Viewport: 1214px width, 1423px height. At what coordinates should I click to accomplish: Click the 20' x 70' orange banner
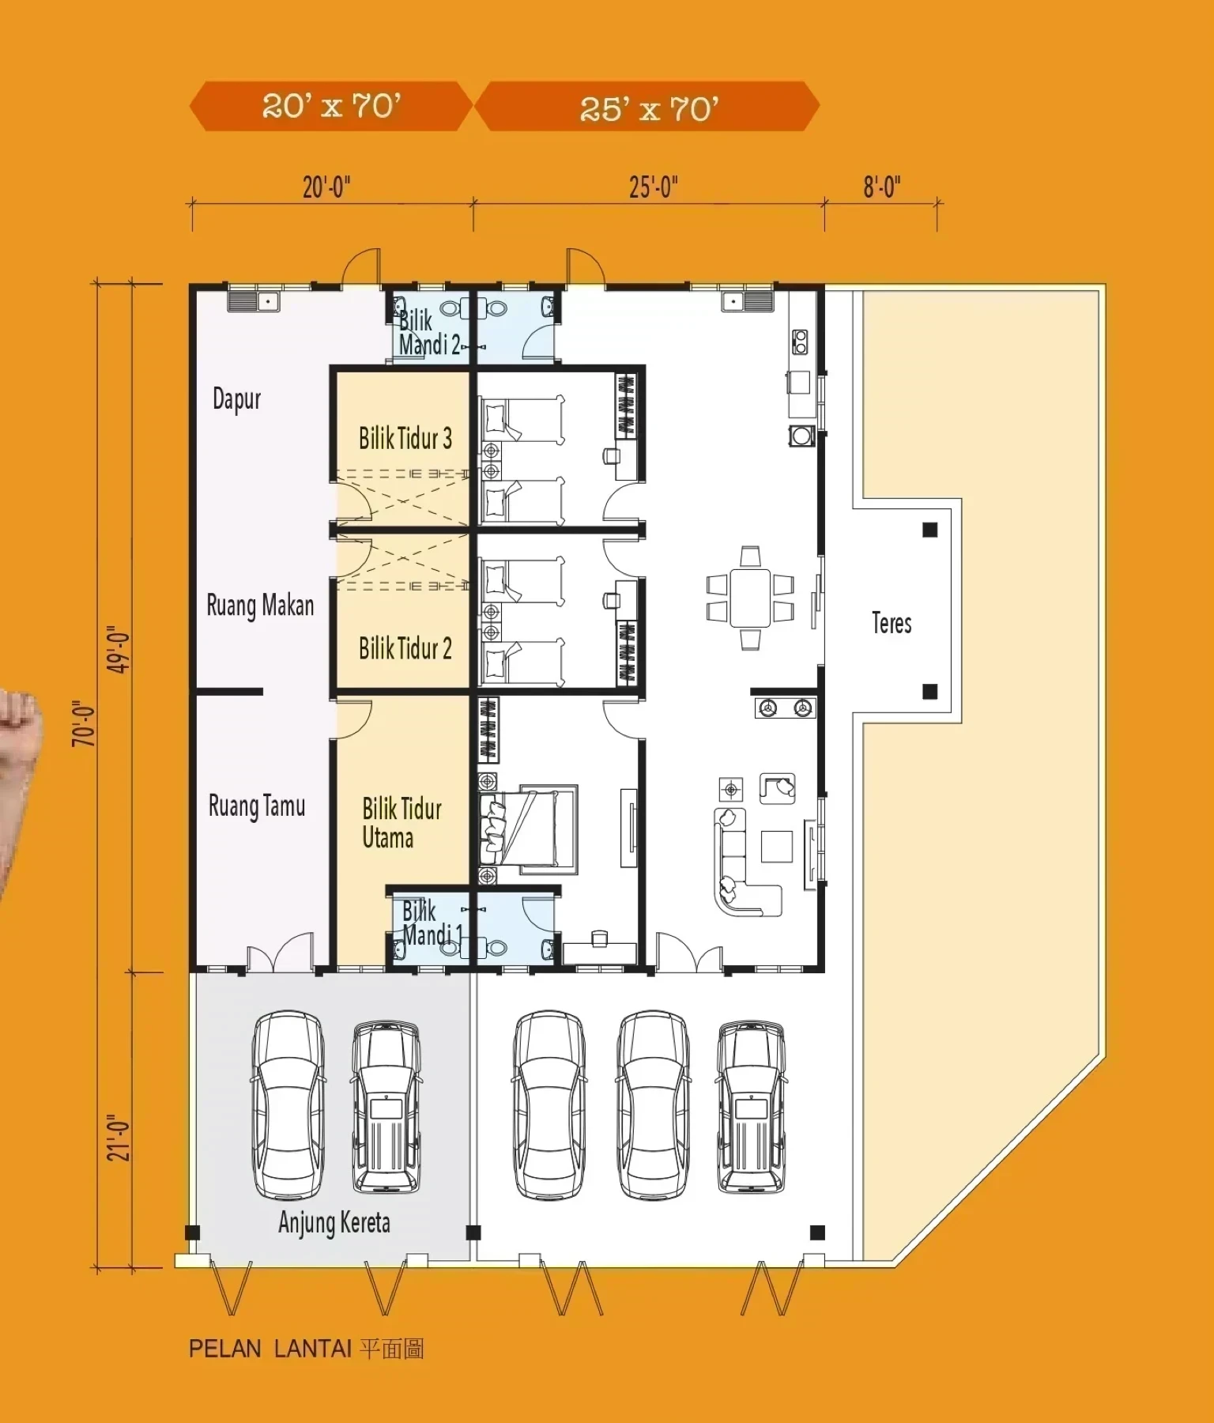(x=331, y=105)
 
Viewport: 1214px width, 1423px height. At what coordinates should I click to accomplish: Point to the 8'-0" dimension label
(x=881, y=187)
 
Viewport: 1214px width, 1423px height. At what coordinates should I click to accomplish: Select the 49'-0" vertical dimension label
(x=119, y=651)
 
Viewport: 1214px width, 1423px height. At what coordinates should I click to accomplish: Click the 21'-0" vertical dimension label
(x=119, y=1138)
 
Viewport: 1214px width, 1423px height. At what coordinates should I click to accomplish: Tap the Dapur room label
(x=236, y=399)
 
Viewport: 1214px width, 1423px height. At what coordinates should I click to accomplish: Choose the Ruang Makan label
(x=260, y=606)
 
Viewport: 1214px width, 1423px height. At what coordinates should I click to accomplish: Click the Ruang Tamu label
(x=256, y=806)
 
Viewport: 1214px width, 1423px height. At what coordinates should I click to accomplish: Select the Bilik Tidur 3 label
(x=405, y=438)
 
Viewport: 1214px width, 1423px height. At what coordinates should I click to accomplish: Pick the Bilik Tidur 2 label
(x=405, y=648)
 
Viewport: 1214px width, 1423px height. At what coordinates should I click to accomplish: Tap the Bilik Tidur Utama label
(x=402, y=823)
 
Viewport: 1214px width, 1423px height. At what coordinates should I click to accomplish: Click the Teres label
(x=892, y=623)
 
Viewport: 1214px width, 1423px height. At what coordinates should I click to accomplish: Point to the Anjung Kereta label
(x=334, y=1223)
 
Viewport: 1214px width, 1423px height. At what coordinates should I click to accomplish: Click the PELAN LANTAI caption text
(x=269, y=1348)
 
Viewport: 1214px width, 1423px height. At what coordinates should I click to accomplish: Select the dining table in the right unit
(x=750, y=597)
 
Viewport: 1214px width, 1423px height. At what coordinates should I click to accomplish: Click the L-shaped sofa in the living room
(x=747, y=862)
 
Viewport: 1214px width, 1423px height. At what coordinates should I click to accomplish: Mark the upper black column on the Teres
(x=930, y=530)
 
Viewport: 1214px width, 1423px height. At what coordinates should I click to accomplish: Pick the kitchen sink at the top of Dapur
(x=253, y=301)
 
